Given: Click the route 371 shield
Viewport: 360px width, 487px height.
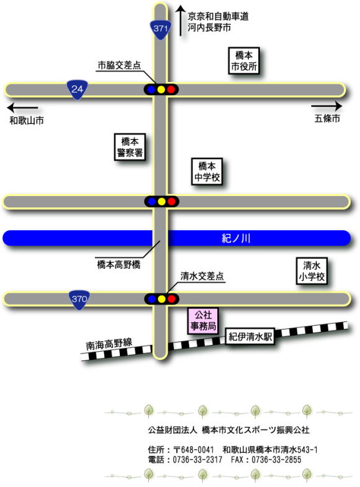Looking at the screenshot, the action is click(x=161, y=30).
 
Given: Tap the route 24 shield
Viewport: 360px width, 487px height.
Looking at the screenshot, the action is click(x=78, y=90).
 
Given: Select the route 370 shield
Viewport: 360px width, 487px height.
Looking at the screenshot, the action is click(x=79, y=300).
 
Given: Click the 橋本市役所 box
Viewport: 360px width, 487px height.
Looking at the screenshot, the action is click(x=244, y=61).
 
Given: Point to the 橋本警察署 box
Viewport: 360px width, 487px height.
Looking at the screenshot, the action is click(x=130, y=147).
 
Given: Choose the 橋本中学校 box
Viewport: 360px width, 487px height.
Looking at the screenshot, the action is click(x=207, y=171).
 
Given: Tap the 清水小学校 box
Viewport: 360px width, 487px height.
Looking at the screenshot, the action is click(x=312, y=271).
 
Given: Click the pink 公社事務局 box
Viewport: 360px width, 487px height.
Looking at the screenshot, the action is click(x=203, y=321).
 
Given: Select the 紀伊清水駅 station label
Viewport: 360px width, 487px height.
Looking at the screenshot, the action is click(x=250, y=337).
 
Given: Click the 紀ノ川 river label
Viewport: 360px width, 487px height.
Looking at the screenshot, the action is click(x=236, y=238).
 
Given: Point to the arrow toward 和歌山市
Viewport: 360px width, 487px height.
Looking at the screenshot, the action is click(x=23, y=108).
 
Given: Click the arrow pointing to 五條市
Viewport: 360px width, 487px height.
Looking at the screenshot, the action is click(x=326, y=106).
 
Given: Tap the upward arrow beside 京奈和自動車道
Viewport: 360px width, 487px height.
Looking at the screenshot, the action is click(x=181, y=20).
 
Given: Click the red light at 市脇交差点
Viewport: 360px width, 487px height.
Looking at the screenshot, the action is click(x=171, y=89).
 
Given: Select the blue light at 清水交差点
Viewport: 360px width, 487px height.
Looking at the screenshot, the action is click(x=152, y=299).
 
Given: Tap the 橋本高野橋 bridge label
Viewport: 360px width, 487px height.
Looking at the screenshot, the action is click(x=119, y=265).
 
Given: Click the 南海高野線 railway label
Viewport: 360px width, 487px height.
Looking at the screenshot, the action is click(x=109, y=344).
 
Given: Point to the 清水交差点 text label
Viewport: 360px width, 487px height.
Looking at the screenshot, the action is click(x=202, y=276).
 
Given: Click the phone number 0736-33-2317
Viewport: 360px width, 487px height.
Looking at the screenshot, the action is click(x=197, y=460).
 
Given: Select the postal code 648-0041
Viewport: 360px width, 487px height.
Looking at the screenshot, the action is click(x=197, y=449).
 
